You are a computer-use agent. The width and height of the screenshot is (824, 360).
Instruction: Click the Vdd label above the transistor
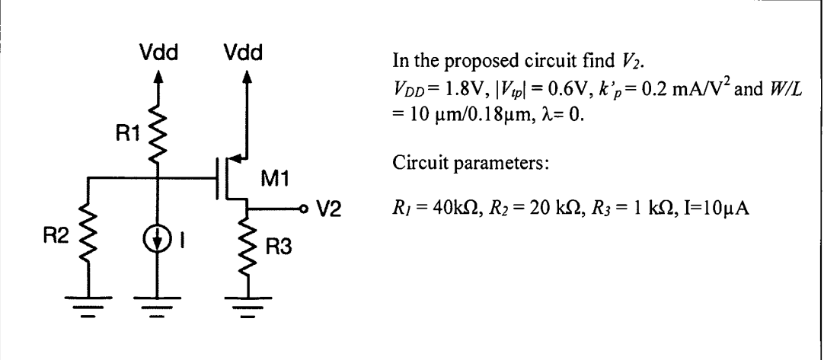tap(244, 54)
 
